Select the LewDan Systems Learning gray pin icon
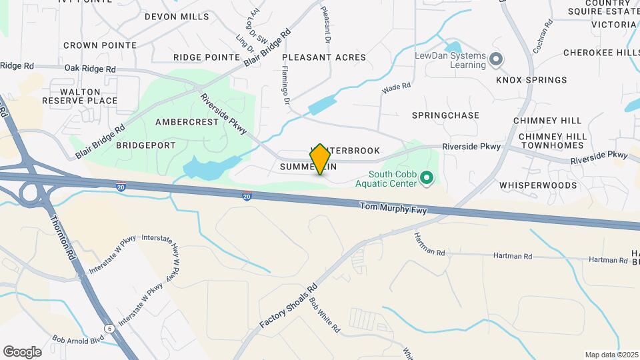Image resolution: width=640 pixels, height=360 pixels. click(495, 60)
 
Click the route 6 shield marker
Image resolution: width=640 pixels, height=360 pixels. click(109, 328)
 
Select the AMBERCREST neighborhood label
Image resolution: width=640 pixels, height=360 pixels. click(187, 122)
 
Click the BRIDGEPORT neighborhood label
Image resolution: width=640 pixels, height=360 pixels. click(146, 145)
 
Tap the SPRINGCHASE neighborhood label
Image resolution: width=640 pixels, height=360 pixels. click(445, 115)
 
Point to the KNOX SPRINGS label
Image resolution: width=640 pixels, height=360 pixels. click(531, 80)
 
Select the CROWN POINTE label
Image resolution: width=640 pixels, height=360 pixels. click(100, 45)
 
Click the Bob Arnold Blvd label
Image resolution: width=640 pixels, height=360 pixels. click(79, 339)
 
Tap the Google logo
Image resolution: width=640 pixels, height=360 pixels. click(22, 351)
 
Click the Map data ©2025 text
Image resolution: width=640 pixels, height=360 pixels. click(611, 355)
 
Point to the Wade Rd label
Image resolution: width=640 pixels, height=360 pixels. click(396, 87)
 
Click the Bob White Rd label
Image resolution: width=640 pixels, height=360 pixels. click(325, 314)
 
